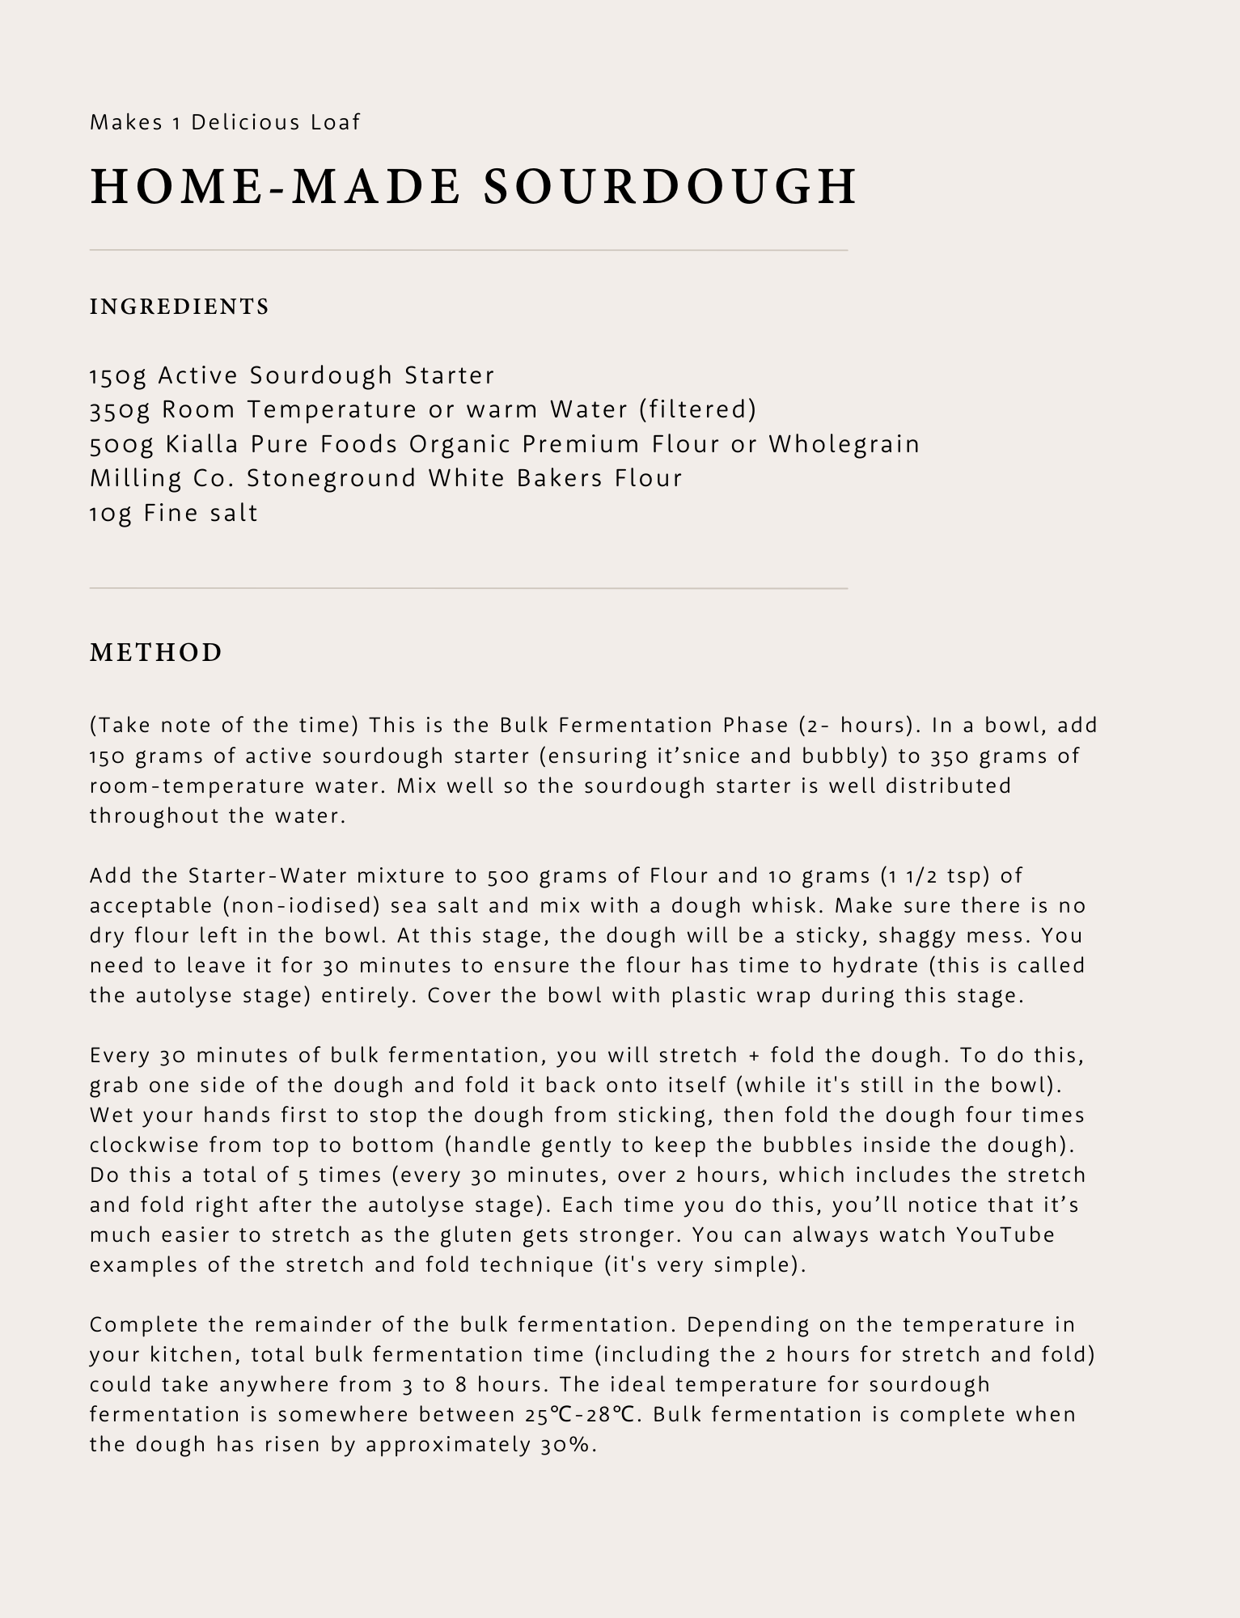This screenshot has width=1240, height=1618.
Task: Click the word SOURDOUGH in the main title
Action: pos(670,186)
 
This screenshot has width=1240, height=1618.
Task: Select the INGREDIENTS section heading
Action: pos(180,307)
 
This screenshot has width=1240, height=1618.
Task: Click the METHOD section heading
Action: pos(156,652)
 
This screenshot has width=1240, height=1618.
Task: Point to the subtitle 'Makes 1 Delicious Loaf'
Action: pos(225,122)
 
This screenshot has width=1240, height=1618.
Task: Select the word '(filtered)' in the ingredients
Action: pos(697,409)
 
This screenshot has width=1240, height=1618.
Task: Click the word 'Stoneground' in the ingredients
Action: pos(332,478)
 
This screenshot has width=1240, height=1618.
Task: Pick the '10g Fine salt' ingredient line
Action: pos(174,513)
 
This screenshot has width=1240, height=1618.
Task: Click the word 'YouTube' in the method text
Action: pos(1005,1235)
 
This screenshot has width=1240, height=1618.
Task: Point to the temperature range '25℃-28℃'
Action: pos(579,1414)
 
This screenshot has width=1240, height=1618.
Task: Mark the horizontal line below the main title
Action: pos(468,251)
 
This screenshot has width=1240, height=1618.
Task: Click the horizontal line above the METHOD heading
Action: pos(468,588)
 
